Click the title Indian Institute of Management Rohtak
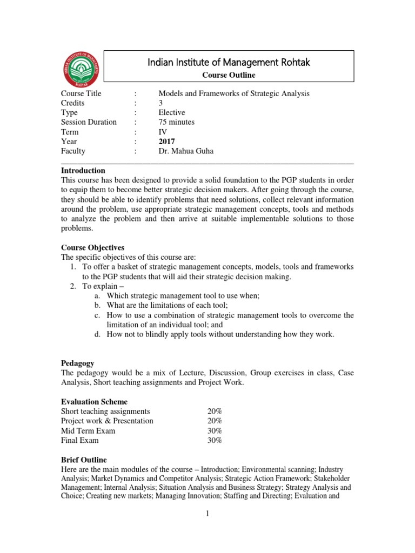click(x=229, y=63)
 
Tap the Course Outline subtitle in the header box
click(x=229, y=75)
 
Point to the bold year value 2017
click(x=167, y=141)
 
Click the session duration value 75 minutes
click(x=178, y=122)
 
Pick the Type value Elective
click(x=171, y=112)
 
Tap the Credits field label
click(x=73, y=103)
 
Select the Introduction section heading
click(x=83, y=171)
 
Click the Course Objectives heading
click(x=92, y=247)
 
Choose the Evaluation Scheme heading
click(x=94, y=402)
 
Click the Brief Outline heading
click(x=84, y=459)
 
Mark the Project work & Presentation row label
click(x=107, y=421)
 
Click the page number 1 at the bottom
click(x=207, y=514)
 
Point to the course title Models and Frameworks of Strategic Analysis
click(x=233, y=93)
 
